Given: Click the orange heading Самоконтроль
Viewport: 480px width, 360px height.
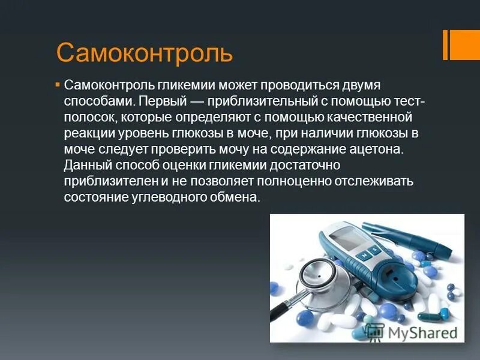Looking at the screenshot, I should coord(144,53).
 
